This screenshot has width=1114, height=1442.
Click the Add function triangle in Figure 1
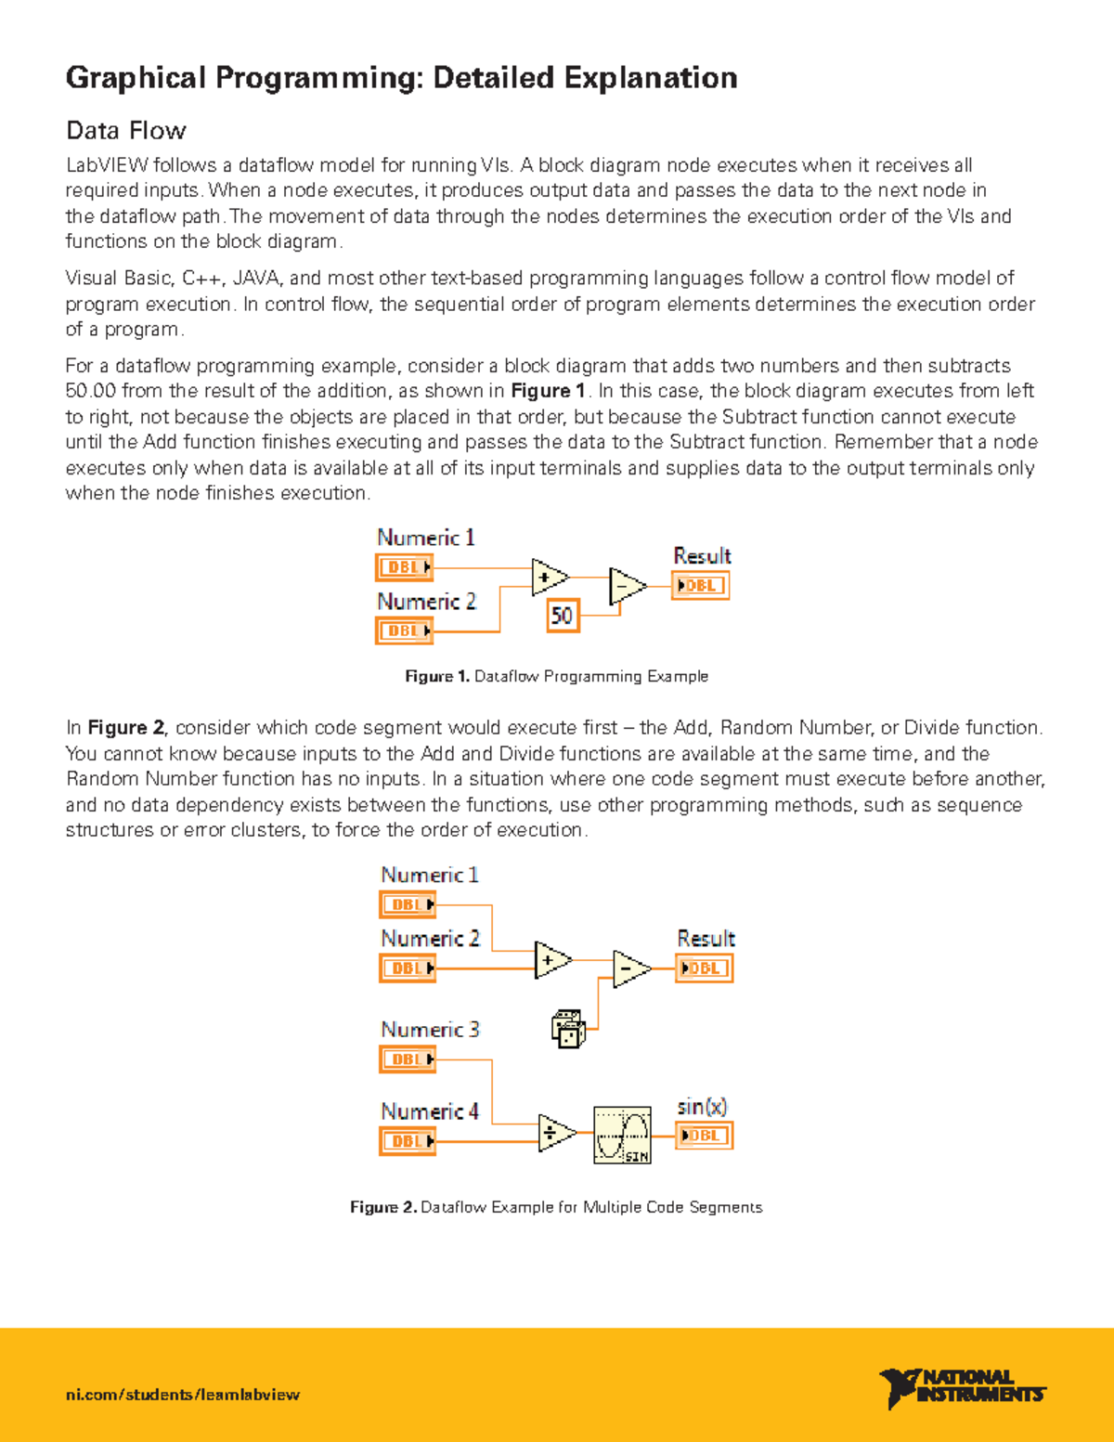[549, 578]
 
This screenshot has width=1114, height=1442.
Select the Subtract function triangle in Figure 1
[626, 587]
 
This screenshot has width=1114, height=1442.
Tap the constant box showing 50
[563, 615]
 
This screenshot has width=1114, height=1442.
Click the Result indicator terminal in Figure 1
[700, 586]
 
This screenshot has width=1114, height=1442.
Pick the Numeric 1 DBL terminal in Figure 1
[405, 567]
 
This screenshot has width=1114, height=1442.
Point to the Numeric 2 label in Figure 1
[426, 602]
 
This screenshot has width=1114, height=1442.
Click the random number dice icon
[568, 1029]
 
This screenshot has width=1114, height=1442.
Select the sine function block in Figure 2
[622, 1135]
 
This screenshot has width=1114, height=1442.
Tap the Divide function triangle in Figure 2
[555, 1133]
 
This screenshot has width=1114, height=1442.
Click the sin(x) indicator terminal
[704, 1136]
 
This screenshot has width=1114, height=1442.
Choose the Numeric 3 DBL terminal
[408, 1059]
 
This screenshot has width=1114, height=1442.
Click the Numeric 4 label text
[430, 1111]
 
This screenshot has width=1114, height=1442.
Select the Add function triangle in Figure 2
[552, 960]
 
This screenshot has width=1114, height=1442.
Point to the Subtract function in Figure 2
[629, 969]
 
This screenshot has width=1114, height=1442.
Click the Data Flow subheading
[125, 130]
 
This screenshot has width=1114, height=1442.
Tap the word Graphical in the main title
[135, 78]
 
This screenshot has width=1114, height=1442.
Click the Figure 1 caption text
[556, 676]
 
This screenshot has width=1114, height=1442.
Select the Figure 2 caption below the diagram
[556, 1207]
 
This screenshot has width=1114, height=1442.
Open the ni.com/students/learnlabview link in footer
[183, 1395]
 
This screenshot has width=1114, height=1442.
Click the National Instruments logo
[962, 1387]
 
